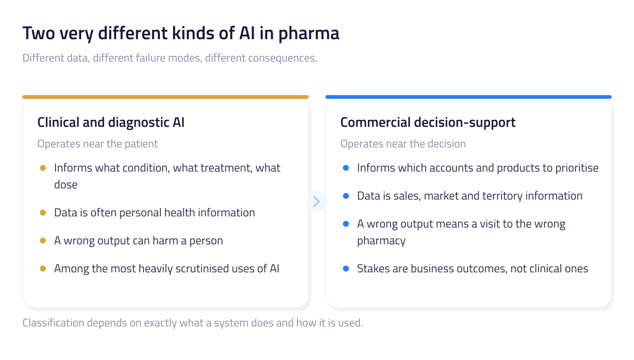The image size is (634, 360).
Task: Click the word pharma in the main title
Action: [309, 34]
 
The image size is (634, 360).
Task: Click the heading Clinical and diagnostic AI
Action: [111, 123]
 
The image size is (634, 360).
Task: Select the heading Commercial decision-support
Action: [428, 123]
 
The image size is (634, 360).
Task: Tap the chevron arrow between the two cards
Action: [317, 201]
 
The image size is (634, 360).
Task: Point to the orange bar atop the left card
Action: [165, 97]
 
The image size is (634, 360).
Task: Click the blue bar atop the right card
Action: [469, 97]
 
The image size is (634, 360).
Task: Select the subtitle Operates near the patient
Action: [97, 144]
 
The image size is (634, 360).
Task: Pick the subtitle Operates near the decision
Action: [403, 144]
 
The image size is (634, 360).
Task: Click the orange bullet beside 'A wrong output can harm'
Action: [43, 241]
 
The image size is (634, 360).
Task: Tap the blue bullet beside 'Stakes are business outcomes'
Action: [346, 269]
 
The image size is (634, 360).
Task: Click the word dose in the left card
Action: [66, 185]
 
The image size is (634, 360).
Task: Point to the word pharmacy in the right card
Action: [381, 241]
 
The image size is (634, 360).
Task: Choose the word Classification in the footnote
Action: [53, 323]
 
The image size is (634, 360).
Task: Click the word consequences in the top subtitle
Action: [283, 58]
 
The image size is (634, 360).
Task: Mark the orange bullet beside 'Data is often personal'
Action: [43, 213]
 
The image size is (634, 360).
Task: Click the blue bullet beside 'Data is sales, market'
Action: [346, 196]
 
